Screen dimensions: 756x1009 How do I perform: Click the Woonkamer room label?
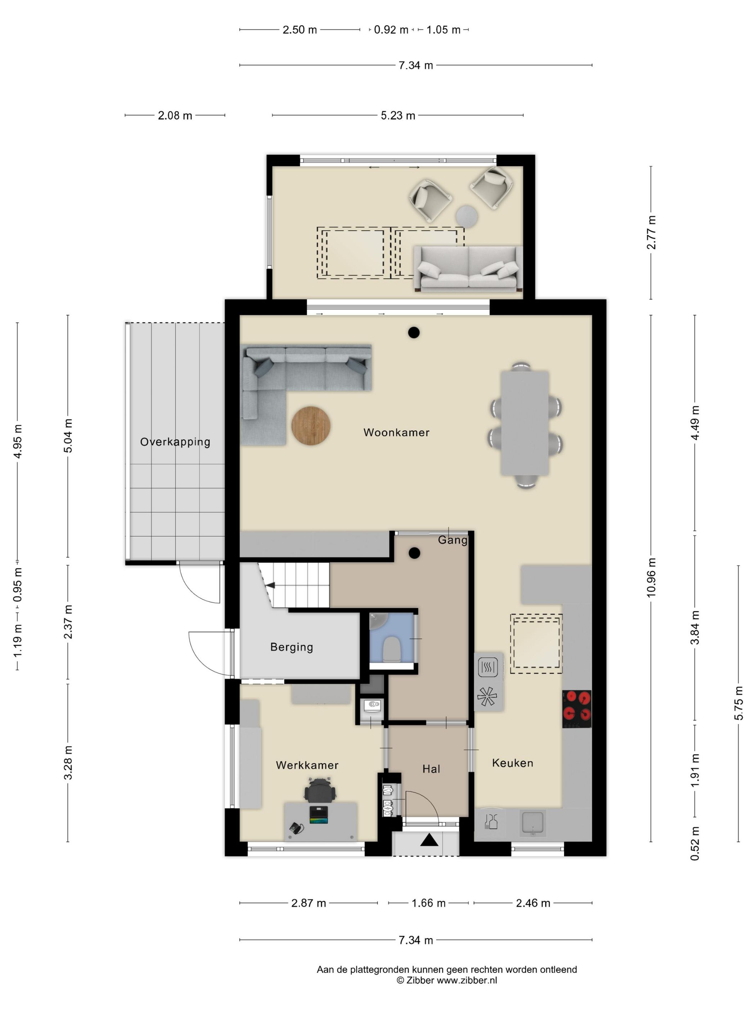point(396,432)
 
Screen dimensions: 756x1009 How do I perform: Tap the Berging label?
point(292,647)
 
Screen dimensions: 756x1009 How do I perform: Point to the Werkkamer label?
point(307,765)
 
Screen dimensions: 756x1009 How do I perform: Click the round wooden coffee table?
point(311,426)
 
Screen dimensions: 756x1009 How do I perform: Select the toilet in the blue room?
point(392,649)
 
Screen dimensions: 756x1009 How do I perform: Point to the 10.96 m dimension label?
point(651,578)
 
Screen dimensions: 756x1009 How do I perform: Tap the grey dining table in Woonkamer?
point(525,423)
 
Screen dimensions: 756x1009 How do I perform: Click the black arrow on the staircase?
point(271,585)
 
